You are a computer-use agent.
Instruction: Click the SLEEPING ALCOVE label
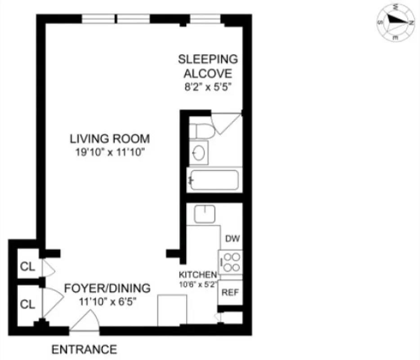pos(207,66)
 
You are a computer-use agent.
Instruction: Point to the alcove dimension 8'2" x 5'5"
pos(208,87)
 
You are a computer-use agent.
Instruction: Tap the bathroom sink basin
pos(200,153)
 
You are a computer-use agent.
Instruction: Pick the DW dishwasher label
pos(231,238)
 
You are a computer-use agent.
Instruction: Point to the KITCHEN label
pos(198,274)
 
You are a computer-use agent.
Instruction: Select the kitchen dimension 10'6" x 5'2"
pos(198,284)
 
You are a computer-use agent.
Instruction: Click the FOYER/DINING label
pos(107,288)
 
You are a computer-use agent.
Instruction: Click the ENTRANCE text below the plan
pos(84,349)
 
